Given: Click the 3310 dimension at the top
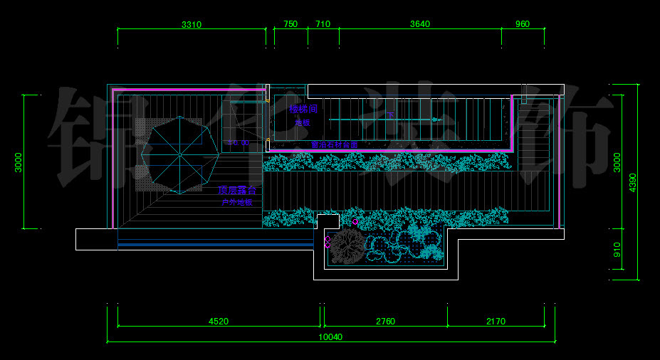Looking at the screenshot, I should point(192,24).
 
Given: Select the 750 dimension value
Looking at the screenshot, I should point(290,24).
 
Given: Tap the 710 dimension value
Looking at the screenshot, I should point(323,24).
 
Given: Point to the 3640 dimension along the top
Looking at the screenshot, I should point(420,24).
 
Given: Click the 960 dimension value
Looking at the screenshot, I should point(523,24).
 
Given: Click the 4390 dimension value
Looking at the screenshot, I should point(633,183).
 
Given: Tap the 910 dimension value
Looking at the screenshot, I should point(617,250).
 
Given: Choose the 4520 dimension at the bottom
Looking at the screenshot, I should point(219,322).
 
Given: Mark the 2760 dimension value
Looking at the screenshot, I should point(385,322).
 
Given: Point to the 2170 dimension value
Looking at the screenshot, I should point(496,322).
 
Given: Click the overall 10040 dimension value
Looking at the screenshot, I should point(330,337).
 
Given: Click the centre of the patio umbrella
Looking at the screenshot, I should point(179,152).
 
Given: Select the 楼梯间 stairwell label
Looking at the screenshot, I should point(303,110).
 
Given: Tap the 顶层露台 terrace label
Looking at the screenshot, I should point(237,191).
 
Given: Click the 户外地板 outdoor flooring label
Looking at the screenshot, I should point(237,203).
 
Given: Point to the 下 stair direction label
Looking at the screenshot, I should point(390,115).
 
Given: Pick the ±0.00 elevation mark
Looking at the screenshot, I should point(239,143).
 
